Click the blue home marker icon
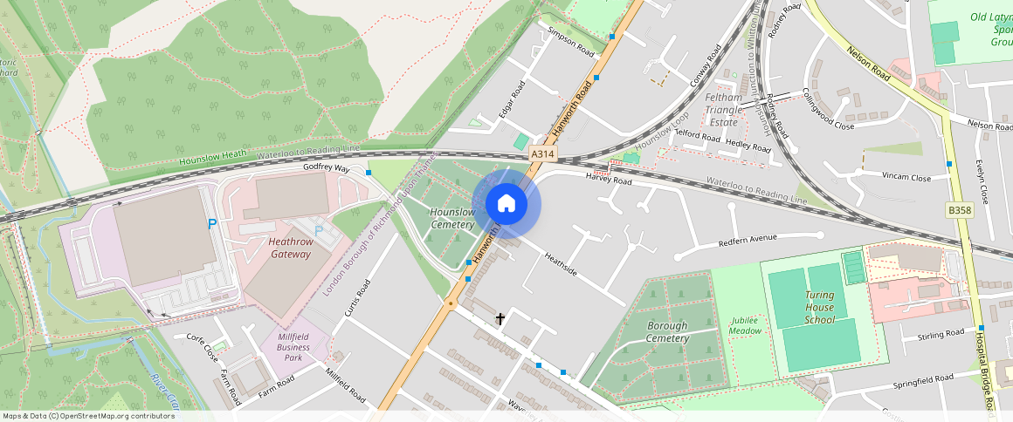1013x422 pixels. tap(506, 204)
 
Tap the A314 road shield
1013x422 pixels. tap(542, 153)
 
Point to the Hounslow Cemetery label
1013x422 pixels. tap(452, 218)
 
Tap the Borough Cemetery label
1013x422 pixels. tap(667, 332)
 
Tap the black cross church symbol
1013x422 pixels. tap(500, 319)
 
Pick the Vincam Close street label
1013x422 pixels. tap(906, 177)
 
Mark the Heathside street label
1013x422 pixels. tap(561, 264)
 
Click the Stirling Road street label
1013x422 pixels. tap(941, 334)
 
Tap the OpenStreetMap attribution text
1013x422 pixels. tap(88, 416)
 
